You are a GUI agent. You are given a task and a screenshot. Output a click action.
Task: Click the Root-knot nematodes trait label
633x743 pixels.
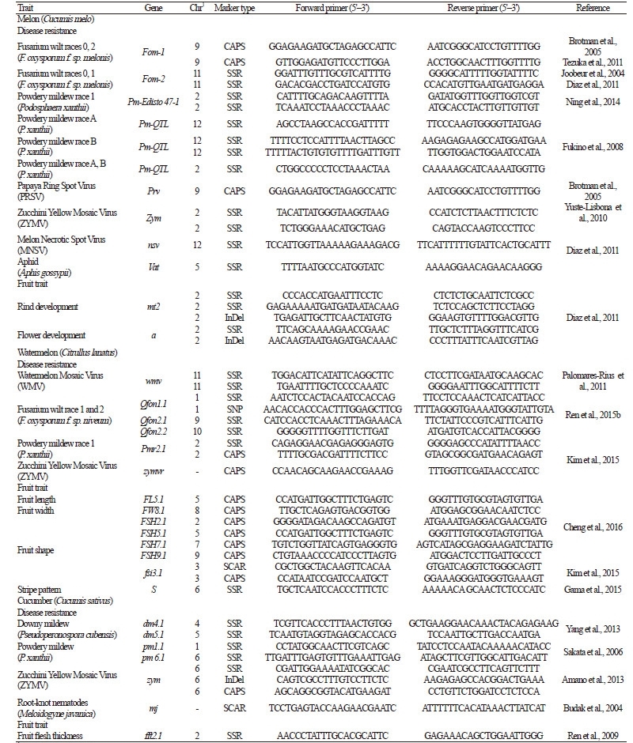50,703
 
